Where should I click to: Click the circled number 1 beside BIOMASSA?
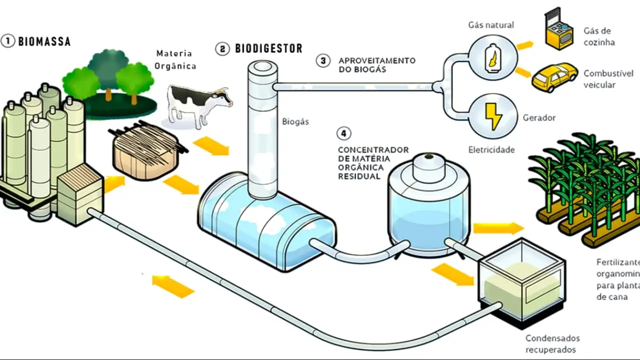[8, 41]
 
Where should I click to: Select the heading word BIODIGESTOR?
[268, 48]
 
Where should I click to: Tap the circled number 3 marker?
[323, 60]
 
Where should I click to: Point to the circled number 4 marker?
[343, 133]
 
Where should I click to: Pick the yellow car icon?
[554, 77]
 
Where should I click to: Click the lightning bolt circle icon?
[493, 117]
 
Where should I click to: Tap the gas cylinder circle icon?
[493, 57]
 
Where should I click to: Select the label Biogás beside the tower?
[295, 121]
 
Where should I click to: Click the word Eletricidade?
[491, 149]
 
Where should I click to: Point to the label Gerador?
[539, 118]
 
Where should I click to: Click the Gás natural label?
[490, 24]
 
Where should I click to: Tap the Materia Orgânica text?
[174, 59]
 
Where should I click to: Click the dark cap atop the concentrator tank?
[429, 157]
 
